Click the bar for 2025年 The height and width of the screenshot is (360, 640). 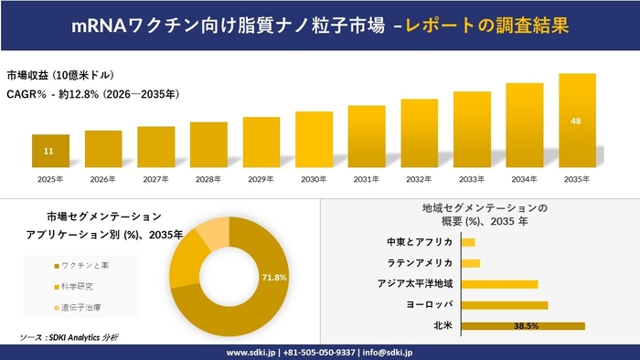[x=50, y=153]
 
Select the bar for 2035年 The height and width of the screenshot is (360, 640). [x=577, y=122]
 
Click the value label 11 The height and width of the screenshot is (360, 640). [x=50, y=150]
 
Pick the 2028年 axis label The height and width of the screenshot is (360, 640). [x=208, y=179]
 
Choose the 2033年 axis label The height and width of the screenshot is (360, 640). [x=472, y=179]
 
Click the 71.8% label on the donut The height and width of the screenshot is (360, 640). [x=275, y=277]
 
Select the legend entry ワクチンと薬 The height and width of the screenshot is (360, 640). [x=85, y=265]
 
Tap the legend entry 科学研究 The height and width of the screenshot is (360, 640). [x=80, y=286]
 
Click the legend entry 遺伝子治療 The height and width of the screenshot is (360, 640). [x=82, y=307]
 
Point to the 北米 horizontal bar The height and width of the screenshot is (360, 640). [x=523, y=325]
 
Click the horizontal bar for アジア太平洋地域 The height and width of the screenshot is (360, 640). [x=500, y=284]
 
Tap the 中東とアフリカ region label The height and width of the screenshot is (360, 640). [x=420, y=242]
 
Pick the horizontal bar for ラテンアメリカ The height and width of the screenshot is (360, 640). [x=471, y=263]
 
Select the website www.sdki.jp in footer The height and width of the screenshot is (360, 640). [x=252, y=351]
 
